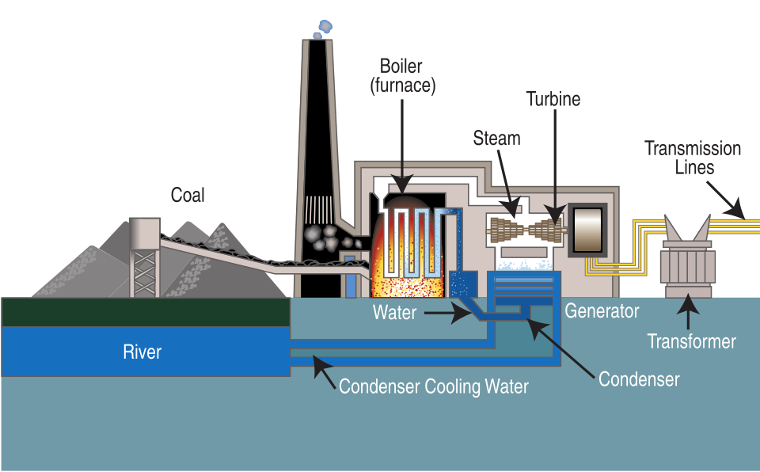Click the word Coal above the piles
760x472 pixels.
pyautogui.click(x=188, y=194)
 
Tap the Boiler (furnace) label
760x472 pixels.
pyautogui.click(x=403, y=75)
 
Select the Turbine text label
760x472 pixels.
pyautogui.click(x=553, y=99)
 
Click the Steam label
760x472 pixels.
pyautogui.click(x=496, y=139)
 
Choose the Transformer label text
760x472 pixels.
pyautogui.click(x=691, y=342)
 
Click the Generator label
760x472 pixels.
pyautogui.click(x=602, y=311)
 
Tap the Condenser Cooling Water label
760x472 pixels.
pyautogui.click(x=433, y=387)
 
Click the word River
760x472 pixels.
pyautogui.click(x=142, y=352)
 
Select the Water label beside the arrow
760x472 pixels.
pyautogui.click(x=394, y=313)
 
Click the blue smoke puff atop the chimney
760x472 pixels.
pyautogui.click(x=322, y=29)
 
